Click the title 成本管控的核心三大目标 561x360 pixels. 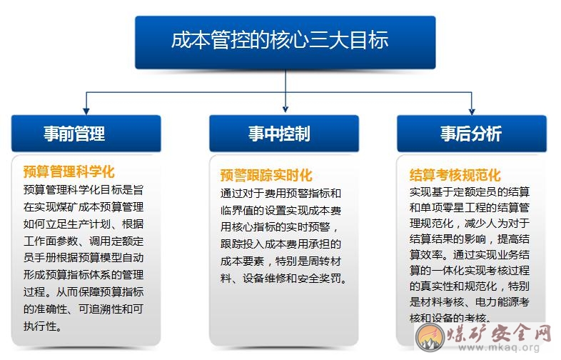(x=280, y=40)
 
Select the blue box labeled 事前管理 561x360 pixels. (x=86, y=134)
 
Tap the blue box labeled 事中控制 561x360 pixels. (x=284, y=134)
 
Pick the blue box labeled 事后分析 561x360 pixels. (x=472, y=134)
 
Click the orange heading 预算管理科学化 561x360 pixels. (x=69, y=171)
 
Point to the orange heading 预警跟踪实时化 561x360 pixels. (x=266, y=176)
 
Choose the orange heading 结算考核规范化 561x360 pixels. (x=455, y=175)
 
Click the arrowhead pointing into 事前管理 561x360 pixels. (x=86, y=111)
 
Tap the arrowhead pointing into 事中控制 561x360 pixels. (x=285, y=109)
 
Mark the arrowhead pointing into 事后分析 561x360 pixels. (x=472, y=111)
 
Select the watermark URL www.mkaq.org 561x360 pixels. (x=499, y=347)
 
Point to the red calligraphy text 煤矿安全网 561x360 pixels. (x=500, y=333)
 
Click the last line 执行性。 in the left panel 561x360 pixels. (x=43, y=326)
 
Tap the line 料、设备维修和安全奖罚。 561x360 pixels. (x=284, y=279)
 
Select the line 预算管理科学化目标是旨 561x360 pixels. (x=84, y=189)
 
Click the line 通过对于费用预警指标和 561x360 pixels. (x=281, y=194)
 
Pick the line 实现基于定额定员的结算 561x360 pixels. (x=470, y=192)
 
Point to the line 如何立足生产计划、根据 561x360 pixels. (x=84, y=224)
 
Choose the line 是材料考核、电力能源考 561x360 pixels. (x=470, y=302)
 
